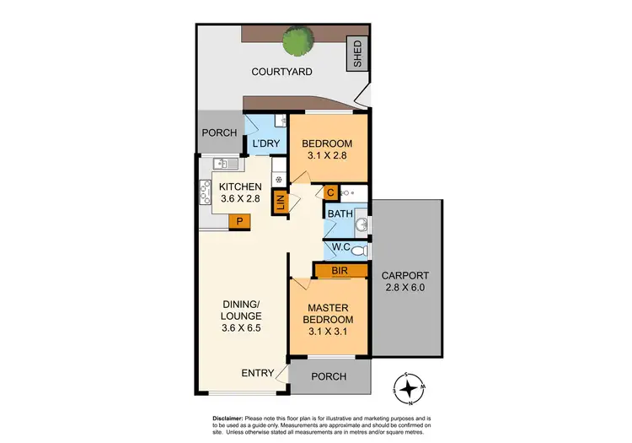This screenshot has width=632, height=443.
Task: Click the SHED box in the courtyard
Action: (357, 54)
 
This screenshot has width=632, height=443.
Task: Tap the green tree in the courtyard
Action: (297, 40)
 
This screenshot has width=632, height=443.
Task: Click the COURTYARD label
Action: (281, 72)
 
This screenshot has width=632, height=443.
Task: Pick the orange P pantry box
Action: (240, 222)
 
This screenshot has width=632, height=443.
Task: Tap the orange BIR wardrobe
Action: (341, 271)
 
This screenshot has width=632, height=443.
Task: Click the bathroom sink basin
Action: (362, 224)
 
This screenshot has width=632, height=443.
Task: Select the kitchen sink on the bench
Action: (221, 164)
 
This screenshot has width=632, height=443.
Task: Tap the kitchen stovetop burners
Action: (205, 194)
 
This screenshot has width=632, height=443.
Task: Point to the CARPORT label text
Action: (404, 276)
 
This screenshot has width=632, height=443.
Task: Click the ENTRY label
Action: (256, 373)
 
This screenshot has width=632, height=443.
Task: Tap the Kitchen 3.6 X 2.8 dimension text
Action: (239, 200)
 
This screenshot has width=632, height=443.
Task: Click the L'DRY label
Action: (265, 144)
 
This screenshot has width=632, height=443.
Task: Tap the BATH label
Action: (340, 215)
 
